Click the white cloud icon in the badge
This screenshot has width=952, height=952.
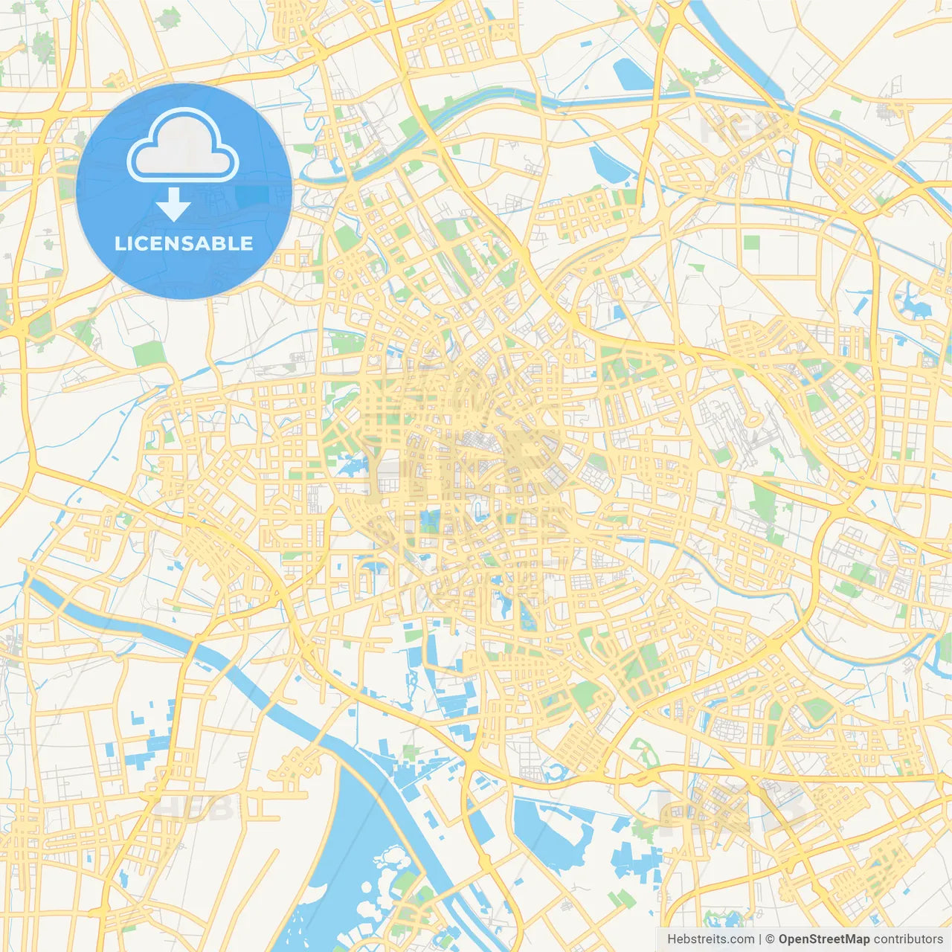[x=183, y=146]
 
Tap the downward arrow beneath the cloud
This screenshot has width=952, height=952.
[x=173, y=205]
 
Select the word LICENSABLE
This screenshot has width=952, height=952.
[x=184, y=244]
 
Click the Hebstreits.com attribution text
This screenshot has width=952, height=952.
[x=710, y=939]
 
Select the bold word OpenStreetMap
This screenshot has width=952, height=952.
[x=824, y=939]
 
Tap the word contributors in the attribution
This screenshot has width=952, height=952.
[x=908, y=939]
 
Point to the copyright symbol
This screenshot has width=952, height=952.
[x=771, y=939]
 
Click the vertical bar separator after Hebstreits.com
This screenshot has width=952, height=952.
[x=760, y=939]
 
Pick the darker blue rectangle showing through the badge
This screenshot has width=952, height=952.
[x=253, y=195]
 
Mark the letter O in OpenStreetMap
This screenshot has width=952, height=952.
[x=784, y=939]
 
